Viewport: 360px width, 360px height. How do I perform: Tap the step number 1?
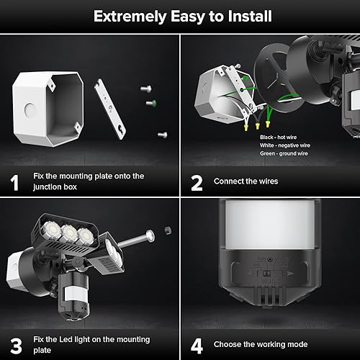14,182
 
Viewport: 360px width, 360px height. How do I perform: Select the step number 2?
196,182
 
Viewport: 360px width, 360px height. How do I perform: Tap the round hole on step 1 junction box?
28,112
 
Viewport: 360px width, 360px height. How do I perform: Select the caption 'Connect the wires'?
246,181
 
